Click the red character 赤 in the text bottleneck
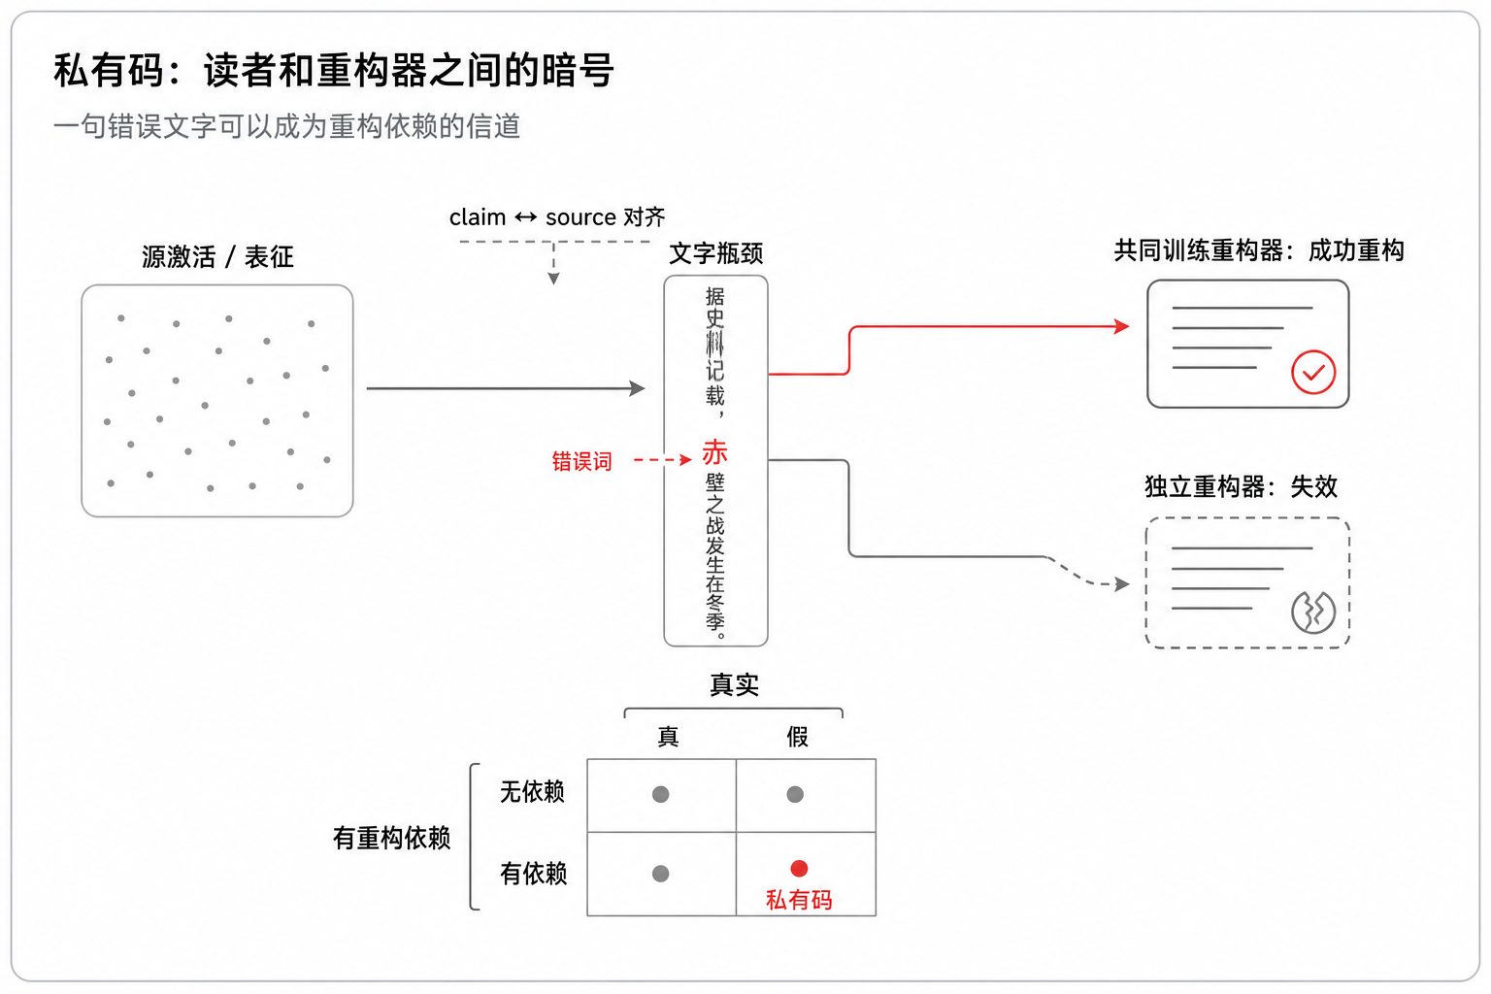tap(714, 452)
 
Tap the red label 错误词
tap(581, 461)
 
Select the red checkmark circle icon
tap(1313, 372)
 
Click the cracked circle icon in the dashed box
tap(1313, 612)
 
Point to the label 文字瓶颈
tap(716, 253)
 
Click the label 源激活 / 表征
tap(217, 256)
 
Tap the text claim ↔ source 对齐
tap(557, 217)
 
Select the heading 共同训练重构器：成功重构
tap(1259, 251)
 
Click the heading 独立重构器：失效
tap(1242, 486)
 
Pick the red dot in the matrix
tap(799, 868)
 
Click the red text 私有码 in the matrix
tap(799, 900)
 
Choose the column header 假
tap(797, 737)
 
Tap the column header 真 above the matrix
tap(668, 737)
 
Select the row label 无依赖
tap(533, 791)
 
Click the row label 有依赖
tap(533, 874)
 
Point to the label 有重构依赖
tap(392, 838)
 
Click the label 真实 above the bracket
tap(734, 684)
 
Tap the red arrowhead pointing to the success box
tap(1122, 326)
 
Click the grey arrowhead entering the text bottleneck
tap(638, 388)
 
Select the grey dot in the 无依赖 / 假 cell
tap(795, 794)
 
